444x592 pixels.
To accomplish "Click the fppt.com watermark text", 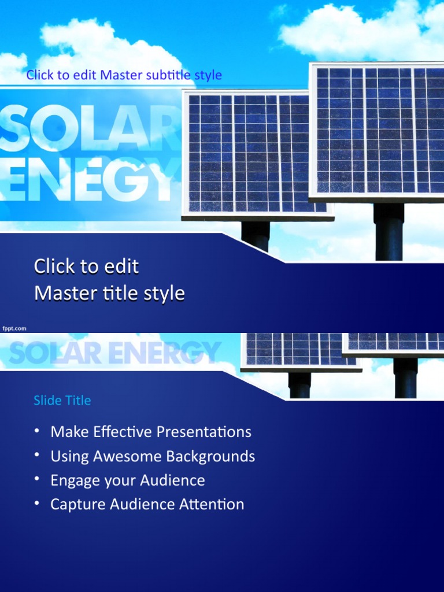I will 14,328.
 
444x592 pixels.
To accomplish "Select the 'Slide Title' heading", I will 62,400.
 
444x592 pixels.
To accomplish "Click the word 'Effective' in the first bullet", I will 116,432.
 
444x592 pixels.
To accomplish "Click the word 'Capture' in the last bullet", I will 73,504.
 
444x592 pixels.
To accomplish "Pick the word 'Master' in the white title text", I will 61,294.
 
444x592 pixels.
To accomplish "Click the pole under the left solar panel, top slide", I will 256,234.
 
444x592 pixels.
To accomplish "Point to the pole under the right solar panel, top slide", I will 388,231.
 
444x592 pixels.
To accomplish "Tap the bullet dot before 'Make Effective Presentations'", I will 37,431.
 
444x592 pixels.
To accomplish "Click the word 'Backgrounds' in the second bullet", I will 210,456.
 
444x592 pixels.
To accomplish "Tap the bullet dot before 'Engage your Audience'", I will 37,480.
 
